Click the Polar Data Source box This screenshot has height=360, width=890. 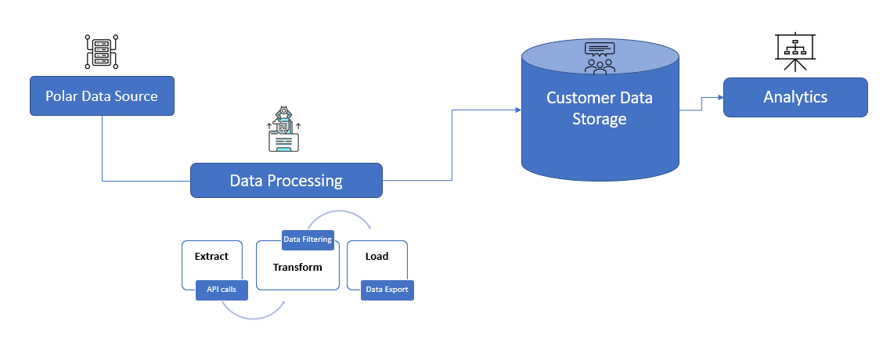click(103, 96)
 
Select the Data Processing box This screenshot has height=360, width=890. click(286, 181)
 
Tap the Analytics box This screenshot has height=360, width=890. click(795, 97)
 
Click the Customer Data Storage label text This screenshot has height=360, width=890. click(600, 108)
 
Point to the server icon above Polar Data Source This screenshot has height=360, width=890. click(102, 52)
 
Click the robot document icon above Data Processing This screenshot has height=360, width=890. click(283, 129)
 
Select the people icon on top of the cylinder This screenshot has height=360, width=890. click(600, 58)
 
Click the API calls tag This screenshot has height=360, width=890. click(222, 290)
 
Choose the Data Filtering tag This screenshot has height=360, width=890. click(308, 239)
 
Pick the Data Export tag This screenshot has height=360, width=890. click(387, 290)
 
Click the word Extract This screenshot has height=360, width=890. click(211, 257)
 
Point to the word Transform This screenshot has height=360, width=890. click(297, 268)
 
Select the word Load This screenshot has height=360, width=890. click(377, 257)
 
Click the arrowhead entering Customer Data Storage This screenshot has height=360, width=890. click(517, 110)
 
